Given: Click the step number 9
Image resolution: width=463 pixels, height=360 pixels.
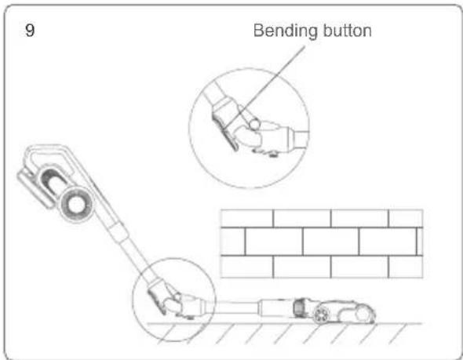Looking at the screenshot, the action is tap(30, 30).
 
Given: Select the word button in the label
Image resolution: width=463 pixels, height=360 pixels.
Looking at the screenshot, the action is tap(347, 31).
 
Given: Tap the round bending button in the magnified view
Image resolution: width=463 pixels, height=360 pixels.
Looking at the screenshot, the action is tap(254, 124).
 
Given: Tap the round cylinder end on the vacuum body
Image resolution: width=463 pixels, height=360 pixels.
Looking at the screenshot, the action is tap(76, 204).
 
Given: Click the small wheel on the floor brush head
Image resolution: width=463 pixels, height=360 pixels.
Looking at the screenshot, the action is tap(321, 315).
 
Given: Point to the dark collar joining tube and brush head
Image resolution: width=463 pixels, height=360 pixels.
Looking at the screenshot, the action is tap(299, 307).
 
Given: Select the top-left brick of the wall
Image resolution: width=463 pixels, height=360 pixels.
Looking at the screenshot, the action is tap(247, 218).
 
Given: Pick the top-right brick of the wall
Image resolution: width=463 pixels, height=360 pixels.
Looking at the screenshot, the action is tap(406, 218).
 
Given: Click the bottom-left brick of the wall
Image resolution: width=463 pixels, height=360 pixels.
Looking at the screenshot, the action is tap(247, 267).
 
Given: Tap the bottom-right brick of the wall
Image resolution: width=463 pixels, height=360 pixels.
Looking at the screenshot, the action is tap(406, 267).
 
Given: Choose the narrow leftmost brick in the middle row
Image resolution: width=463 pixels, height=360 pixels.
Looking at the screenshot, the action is tap(233, 242).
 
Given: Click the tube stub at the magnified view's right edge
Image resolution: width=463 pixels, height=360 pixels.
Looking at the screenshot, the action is tap(301, 138).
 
